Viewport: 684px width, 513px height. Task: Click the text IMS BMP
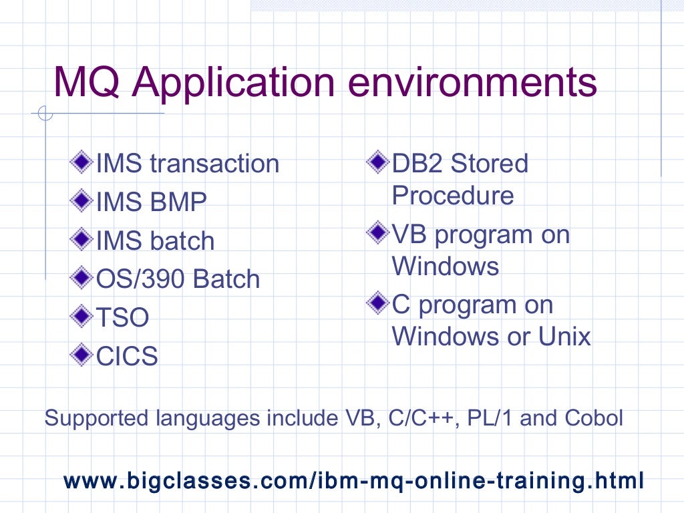coord(152,202)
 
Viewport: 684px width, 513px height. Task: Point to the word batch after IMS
coord(184,241)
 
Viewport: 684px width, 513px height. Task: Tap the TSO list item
coord(122,318)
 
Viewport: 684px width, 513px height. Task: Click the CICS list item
coord(127,357)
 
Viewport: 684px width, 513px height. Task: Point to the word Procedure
coord(453,196)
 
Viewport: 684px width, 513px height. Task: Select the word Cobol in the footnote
coord(594,419)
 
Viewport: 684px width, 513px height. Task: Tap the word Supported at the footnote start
coord(96,419)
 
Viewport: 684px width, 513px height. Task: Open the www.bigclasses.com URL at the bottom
coord(353,480)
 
